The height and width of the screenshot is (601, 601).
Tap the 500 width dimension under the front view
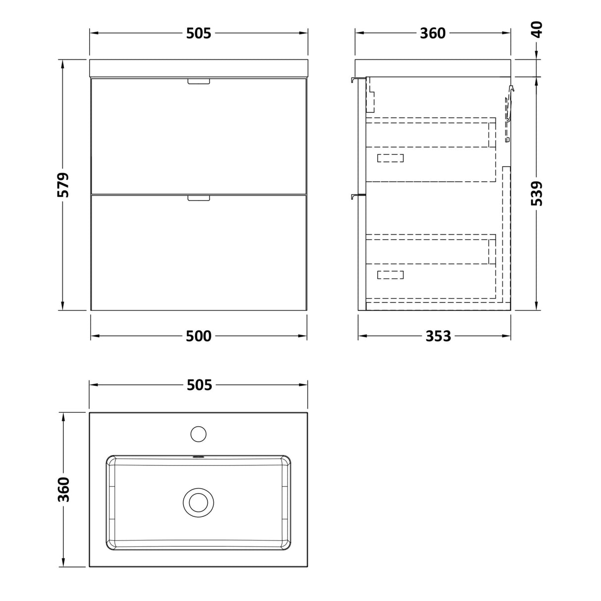click(x=199, y=336)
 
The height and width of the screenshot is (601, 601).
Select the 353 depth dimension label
click(x=438, y=336)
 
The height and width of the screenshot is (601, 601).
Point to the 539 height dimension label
click(x=537, y=194)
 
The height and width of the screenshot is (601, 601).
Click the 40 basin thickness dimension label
click(x=537, y=30)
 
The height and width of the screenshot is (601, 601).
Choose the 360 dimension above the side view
click(x=433, y=33)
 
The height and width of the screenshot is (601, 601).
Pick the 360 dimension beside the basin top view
click(x=64, y=489)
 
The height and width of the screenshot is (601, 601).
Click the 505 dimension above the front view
click(x=199, y=33)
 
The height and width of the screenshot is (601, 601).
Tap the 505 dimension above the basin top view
click(x=200, y=385)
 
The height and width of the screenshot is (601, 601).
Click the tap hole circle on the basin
click(x=199, y=434)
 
